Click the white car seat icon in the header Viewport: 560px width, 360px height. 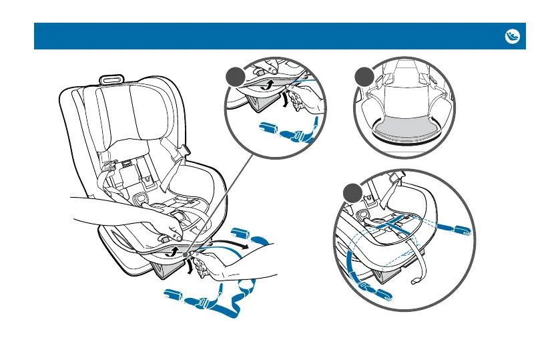point(512,36)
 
